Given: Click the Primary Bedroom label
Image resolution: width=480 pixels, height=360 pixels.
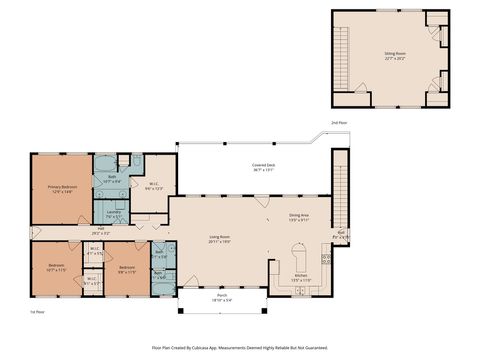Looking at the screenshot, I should tap(62, 189).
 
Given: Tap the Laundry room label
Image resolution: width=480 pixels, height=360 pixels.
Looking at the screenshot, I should tap(113, 213).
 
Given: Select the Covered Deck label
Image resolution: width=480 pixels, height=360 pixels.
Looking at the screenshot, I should tap(263, 167).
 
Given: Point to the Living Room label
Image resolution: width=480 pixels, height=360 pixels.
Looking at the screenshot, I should tap(220, 239).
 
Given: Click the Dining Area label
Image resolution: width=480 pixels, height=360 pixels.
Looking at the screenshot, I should tap(299, 217).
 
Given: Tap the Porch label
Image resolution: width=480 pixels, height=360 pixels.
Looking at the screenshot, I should tap(222, 298).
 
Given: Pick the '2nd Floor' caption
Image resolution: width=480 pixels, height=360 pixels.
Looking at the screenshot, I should tap(340, 122).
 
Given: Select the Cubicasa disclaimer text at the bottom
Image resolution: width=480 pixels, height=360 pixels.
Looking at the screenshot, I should tap(240, 347).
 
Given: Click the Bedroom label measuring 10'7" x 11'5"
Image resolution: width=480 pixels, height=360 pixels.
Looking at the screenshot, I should tap(56, 268).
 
